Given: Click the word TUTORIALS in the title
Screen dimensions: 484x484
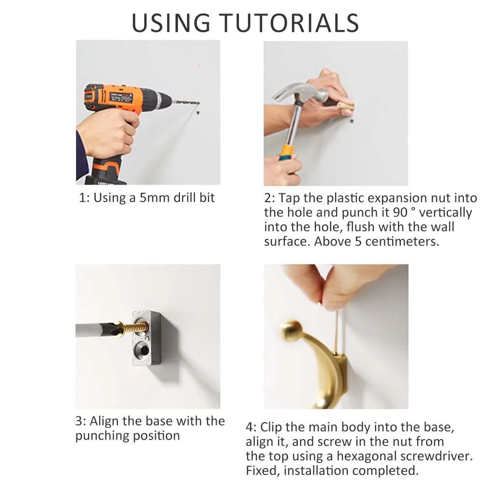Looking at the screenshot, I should click(x=289, y=23).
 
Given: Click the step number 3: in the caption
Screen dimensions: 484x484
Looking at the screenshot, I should click(x=81, y=421).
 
